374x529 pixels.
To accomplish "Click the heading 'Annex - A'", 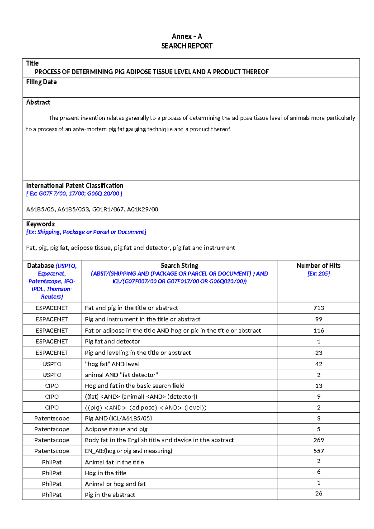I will [x=187, y=36].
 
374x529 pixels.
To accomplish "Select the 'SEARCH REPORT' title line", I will [x=187, y=46].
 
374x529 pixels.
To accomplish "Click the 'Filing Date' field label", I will [x=41, y=82].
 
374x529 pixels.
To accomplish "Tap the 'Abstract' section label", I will [x=38, y=102].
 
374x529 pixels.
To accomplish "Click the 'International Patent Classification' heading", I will [x=74, y=186].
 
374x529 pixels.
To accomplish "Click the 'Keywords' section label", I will [x=40, y=224].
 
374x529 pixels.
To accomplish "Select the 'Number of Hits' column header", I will [x=318, y=266].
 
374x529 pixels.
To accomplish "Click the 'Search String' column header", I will [x=179, y=266].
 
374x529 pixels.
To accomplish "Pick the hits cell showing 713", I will [x=319, y=308].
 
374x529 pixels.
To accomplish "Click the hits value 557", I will [x=319, y=451].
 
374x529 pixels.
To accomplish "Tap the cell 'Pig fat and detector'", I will [x=113, y=342].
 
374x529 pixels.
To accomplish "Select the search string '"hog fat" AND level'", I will [x=112, y=364].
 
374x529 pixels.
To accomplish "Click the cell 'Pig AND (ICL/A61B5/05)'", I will [x=118, y=418].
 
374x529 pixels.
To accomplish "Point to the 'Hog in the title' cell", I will [x=106, y=473].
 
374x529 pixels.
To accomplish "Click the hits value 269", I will [x=319, y=440].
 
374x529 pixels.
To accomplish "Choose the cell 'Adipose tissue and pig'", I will [x=116, y=429].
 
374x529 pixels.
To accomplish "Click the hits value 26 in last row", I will [x=319, y=493].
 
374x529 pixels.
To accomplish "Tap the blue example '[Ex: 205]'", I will [x=318, y=274].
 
